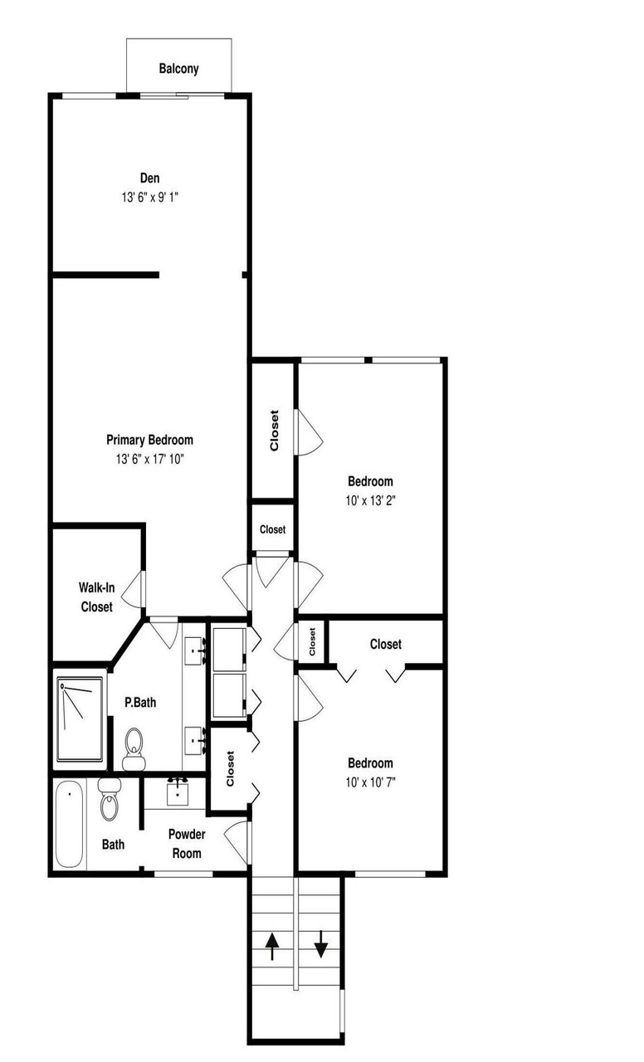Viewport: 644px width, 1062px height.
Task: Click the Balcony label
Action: click(x=178, y=69)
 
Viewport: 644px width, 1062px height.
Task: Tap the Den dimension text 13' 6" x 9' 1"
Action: click(x=150, y=197)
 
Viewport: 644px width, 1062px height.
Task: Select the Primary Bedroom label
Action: click(x=150, y=440)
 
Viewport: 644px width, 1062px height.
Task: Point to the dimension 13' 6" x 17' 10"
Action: click(x=150, y=459)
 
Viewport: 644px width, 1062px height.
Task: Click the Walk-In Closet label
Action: click(x=97, y=597)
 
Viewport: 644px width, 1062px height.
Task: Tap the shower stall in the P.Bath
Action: click(x=80, y=719)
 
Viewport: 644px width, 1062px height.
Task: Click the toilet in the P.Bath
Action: click(x=134, y=748)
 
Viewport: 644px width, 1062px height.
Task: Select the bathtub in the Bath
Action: click(x=69, y=824)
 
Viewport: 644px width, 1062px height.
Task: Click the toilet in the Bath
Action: click(x=110, y=799)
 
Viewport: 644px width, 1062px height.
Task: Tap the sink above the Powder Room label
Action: click(x=178, y=792)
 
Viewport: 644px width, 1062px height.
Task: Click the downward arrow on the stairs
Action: click(x=321, y=944)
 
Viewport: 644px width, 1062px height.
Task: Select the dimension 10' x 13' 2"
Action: click(x=370, y=500)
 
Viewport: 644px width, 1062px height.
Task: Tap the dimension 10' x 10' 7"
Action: click(x=370, y=782)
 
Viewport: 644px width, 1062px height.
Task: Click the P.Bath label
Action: click(x=140, y=703)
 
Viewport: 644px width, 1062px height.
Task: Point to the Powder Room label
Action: click(x=187, y=844)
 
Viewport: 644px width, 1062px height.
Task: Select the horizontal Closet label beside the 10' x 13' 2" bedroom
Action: click(x=273, y=529)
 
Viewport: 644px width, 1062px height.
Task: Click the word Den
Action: click(x=150, y=178)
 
